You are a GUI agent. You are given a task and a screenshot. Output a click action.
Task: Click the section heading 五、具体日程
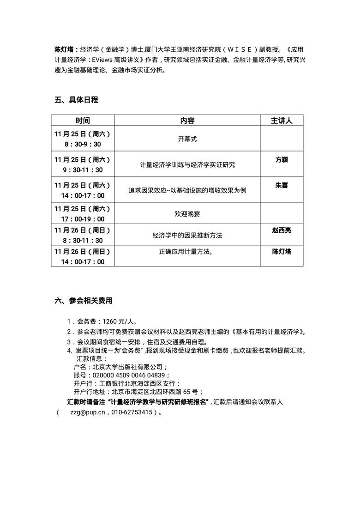[x=76, y=100]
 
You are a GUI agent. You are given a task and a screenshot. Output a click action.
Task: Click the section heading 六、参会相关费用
[x=83, y=301]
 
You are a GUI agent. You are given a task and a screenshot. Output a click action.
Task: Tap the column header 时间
[x=83, y=121]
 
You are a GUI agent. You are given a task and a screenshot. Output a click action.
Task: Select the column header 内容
[x=187, y=121]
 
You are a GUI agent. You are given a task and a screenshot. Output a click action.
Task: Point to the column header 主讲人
[x=282, y=121]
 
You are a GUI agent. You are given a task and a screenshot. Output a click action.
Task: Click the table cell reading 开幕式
[x=187, y=139]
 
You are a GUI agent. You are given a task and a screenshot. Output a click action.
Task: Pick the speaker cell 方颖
[x=282, y=159]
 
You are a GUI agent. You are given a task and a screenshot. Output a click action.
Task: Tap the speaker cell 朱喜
[x=282, y=185]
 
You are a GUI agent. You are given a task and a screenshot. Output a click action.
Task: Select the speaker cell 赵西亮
[x=282, y=230]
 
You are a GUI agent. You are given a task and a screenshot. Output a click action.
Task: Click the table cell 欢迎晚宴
[x=187, y=214]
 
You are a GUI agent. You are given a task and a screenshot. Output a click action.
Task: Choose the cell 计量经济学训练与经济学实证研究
[x=187, y=165]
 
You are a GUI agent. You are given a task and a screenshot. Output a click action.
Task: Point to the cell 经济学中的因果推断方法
[x=187, y=236]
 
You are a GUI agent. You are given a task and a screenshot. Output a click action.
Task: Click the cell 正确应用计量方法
[x=186, y=252]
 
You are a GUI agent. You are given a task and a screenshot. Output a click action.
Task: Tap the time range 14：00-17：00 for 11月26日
[x=83, y=262]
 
